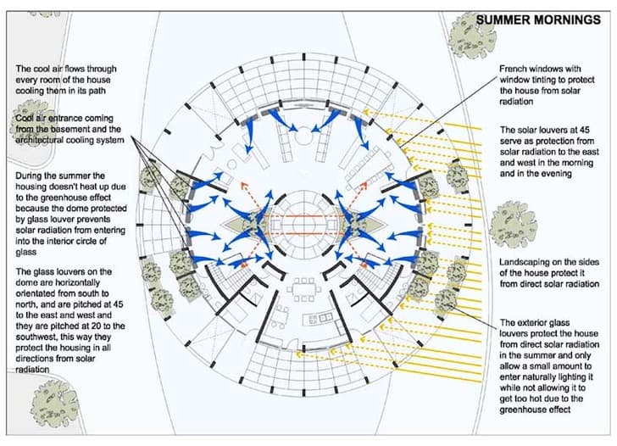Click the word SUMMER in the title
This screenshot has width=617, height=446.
click(x=503, y=19)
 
